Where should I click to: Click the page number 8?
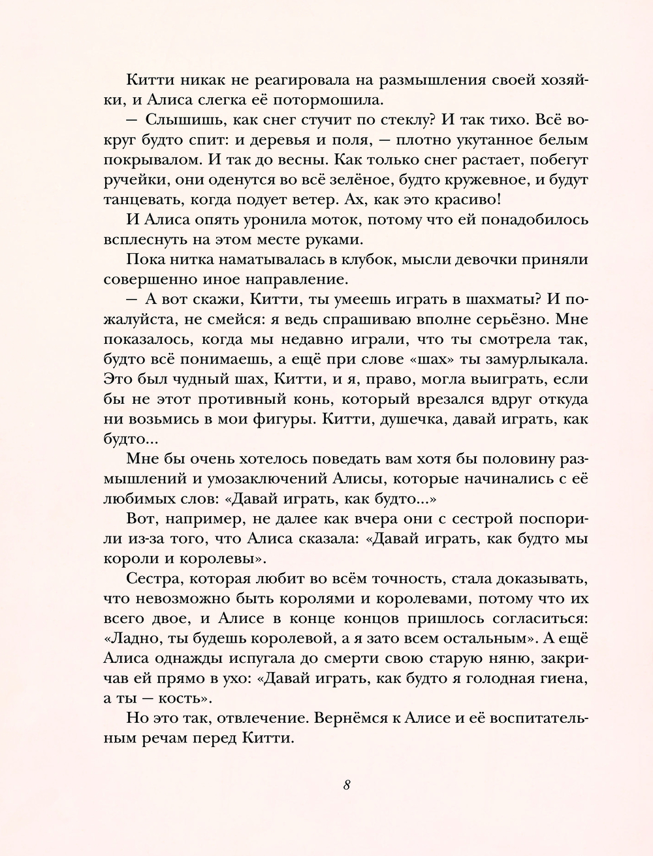(x=347, y=785)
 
